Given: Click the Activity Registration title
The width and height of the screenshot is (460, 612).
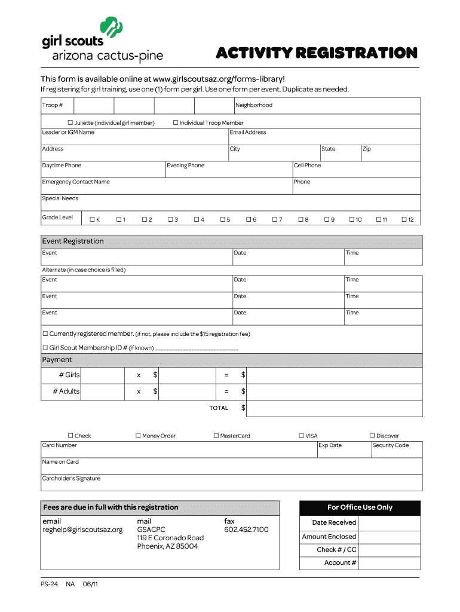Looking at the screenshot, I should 317,53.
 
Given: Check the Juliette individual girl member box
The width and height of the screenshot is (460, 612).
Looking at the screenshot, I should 70,123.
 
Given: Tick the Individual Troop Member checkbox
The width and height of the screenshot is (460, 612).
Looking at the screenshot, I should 176,123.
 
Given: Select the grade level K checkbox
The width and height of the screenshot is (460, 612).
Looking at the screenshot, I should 92,220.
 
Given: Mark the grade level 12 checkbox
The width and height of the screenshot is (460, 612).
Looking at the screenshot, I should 404,220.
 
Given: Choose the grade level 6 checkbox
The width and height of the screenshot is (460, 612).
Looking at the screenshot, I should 249,220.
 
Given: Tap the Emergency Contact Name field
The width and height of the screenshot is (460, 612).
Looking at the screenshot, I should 166,186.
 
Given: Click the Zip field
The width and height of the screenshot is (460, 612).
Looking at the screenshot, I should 391,154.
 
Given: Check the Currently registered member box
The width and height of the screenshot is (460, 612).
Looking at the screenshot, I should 45,333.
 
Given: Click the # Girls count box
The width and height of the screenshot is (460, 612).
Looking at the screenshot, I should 103,375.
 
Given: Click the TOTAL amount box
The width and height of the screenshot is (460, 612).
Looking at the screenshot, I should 334,408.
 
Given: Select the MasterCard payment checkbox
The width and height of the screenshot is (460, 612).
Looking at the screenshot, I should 216,436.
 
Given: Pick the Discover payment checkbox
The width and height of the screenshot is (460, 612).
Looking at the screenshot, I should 372,436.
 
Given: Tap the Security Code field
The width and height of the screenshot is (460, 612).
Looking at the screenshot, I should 397,450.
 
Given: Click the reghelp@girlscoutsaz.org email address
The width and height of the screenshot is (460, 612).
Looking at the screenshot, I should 82,530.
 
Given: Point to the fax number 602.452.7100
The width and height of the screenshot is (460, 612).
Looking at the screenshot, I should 246,530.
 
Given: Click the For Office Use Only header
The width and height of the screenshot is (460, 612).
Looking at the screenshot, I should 360,507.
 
